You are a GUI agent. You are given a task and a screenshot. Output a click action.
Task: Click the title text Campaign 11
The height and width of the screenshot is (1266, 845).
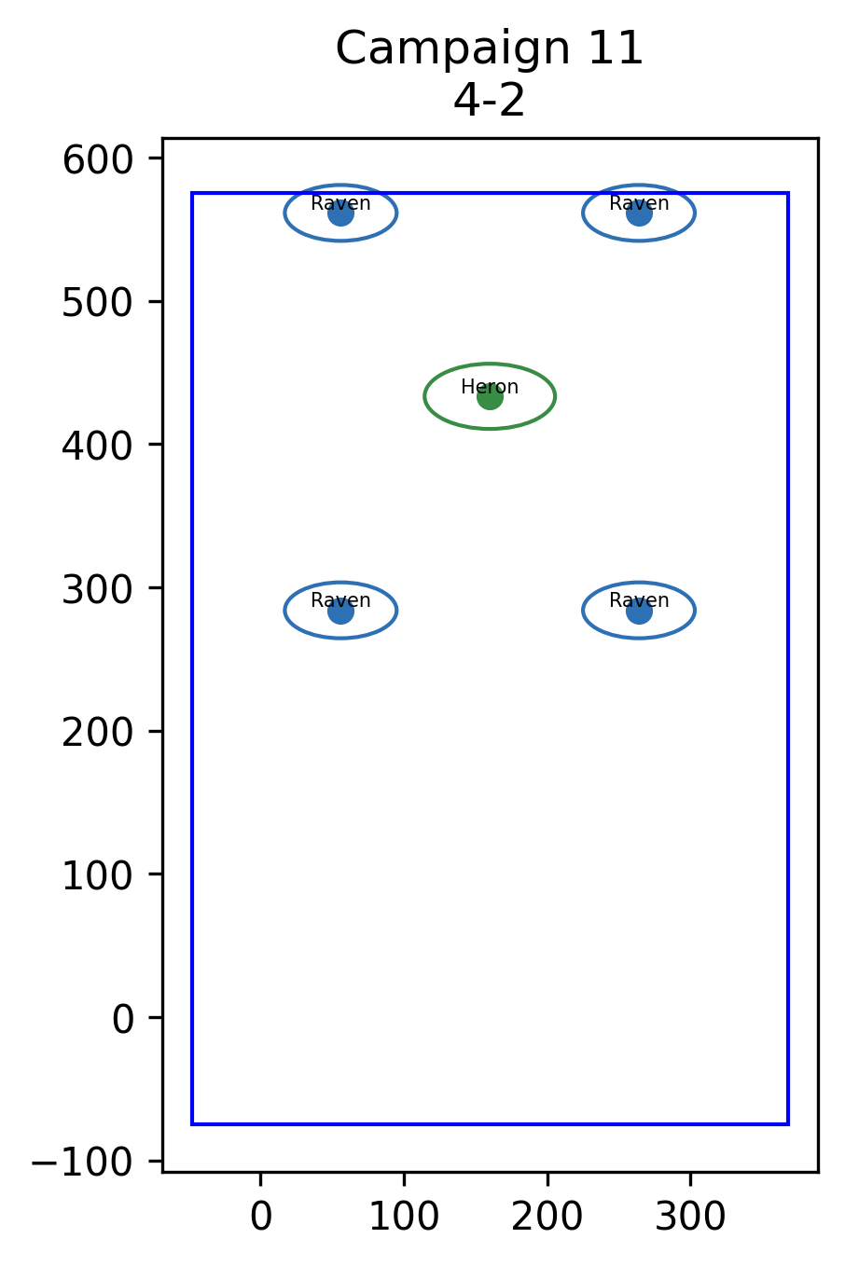pyautogui.click(x=490, y=48)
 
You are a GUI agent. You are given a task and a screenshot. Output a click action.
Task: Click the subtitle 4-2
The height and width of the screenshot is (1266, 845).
pyautogui.click(x=490, y=101)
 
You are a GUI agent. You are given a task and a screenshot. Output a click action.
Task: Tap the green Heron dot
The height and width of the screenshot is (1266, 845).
pyautogui.click(x=490, y=397)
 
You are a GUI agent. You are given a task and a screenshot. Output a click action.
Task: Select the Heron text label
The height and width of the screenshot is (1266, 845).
pyautogui.click(x=490, y=387)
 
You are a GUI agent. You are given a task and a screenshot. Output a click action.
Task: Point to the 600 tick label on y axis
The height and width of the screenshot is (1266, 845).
pyautogui.click(x=97, y=160)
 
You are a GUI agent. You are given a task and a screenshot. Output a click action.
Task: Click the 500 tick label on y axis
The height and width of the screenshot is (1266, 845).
pyautogui.click(x=97, y=303)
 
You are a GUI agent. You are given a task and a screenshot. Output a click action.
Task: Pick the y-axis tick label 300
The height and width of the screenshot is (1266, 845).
pyautogui.click(x=97, y=590)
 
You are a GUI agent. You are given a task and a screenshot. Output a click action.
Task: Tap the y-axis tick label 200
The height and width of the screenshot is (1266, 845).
pyautogui.click(x=97, y=733)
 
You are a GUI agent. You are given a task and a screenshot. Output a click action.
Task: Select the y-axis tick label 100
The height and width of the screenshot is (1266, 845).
pyautogui.click(x=97, y=876)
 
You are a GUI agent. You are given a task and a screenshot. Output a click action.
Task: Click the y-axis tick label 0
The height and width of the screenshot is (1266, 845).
pyautogui.click(x=123, y=1020)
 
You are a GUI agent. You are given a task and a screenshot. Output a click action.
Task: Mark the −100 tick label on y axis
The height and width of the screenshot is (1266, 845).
pyautogui.click(x=82, y=1163)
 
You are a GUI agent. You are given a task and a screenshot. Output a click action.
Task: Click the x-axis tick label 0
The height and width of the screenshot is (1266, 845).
pyautogui.click(x=261, y=1217)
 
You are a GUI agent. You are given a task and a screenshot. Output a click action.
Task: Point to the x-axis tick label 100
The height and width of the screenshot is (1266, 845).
pyautogui.click(x=404, y=1217)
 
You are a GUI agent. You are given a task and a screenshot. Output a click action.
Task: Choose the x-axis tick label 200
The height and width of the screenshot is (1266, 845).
pyautogui.click(x=547, y=1217)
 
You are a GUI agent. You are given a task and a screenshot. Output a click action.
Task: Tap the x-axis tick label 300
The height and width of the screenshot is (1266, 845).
pyautogui.click(x=690, y=1217)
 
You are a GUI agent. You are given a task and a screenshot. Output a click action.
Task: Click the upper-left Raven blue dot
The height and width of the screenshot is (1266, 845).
pyautogui.click(x=340, y=213)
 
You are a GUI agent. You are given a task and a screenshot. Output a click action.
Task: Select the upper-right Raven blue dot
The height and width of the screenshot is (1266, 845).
pyautogui.click(x=639, y=213)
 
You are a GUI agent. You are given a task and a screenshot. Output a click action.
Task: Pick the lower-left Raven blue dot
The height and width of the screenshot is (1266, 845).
pyautogui.click(x=340, y=611)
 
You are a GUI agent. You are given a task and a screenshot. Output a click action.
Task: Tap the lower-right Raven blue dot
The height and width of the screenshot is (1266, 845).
pyautogui.click(x=639, y=611)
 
